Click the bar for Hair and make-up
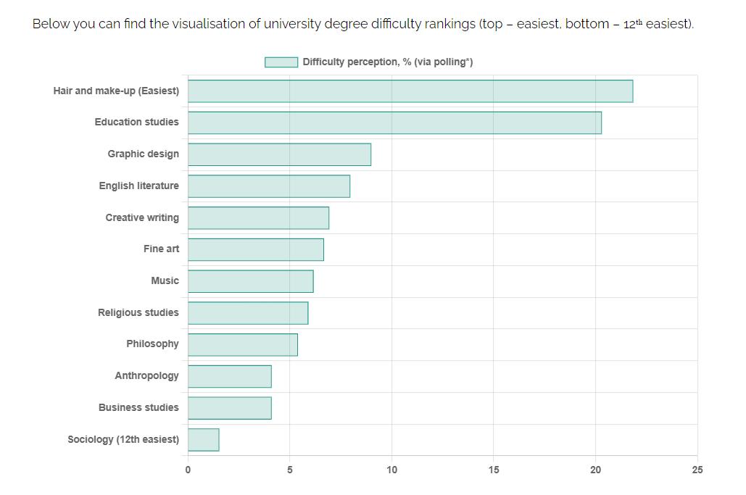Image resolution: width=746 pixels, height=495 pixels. [410, 91]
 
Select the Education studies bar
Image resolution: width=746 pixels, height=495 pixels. [394, 122]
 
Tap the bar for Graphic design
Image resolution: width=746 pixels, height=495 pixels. [279, 154]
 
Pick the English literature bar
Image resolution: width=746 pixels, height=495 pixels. [268, 186]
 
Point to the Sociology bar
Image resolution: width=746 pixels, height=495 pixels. [203, 440]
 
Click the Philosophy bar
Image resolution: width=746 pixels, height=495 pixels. [242, 345]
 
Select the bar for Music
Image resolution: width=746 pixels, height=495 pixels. [250, 281]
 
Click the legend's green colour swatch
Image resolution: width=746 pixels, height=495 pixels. [281, 62]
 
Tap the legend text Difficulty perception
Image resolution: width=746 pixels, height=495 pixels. [387, 62]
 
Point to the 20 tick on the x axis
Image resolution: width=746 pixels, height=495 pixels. [595, 470]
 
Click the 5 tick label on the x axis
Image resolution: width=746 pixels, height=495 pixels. [290, 470]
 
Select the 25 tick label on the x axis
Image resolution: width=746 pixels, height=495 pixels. [697, 470]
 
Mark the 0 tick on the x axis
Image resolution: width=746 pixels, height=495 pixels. [188, 470]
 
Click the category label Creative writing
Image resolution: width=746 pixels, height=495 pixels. [142, 217]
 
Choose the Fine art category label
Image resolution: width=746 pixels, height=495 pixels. [161, 249]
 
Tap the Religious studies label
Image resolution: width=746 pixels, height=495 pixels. [138, 312]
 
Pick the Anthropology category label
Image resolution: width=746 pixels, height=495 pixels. [146, 375]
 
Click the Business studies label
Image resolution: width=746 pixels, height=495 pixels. [138, 407]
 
